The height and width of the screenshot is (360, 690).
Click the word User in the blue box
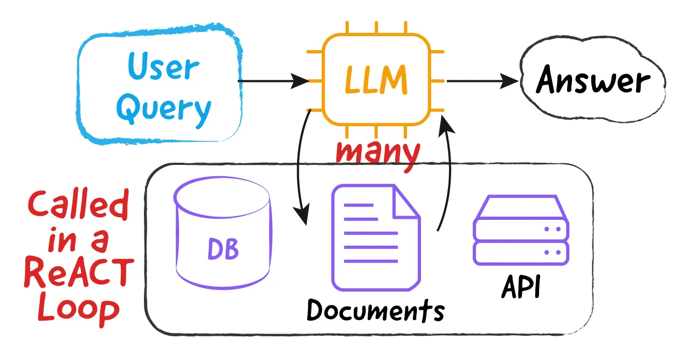click(163, 67)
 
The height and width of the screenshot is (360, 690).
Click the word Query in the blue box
click(163, 110)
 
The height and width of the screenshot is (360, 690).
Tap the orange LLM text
click(376, 80)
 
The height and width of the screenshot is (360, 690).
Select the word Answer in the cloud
click(593, 79)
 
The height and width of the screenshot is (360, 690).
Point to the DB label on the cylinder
click(223, 249)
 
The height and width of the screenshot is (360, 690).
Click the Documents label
click(376, 310)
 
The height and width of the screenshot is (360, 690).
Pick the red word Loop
click(79, 309)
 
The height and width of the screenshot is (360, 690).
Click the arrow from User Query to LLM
click(273, 81)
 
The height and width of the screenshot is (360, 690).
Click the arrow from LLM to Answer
click(482, 81)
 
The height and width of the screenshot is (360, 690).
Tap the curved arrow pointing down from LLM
click(298, 168)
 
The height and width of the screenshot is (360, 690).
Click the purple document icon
click(376, 238)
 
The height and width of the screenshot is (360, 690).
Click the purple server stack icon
click(521, 230)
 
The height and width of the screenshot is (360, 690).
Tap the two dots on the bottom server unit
click(553, 253)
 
